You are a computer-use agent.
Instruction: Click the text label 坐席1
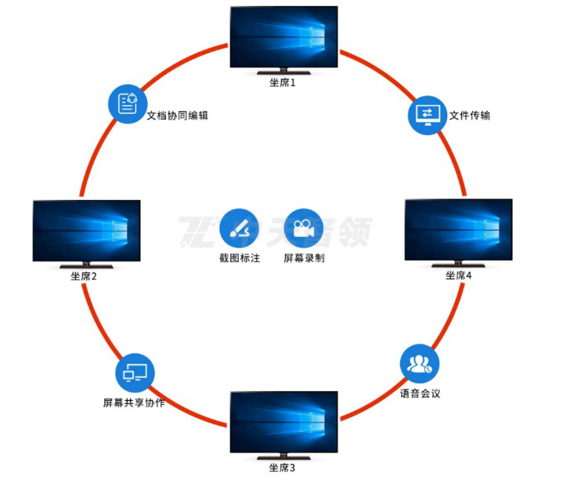point(282,83)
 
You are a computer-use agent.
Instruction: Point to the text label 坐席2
point(84,276)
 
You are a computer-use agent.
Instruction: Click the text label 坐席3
point(282,468)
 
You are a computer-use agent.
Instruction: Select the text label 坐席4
point(459,275)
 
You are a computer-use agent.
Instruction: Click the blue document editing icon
point(127,104)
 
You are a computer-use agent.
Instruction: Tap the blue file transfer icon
point(427,115)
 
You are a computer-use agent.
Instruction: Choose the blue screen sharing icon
point(135,373)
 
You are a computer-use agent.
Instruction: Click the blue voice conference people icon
point(419,364)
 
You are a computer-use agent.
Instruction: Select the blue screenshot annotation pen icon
point(239,228)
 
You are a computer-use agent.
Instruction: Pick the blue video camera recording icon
point(304,228)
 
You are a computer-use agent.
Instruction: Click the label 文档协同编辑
point(178,116)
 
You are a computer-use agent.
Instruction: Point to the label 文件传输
point(470,116)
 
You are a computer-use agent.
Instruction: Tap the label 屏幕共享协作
point(134,403)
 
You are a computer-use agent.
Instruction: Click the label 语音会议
point(420,393)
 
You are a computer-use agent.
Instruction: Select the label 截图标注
point(240,258)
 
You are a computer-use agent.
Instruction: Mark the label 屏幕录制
point(304,258)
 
